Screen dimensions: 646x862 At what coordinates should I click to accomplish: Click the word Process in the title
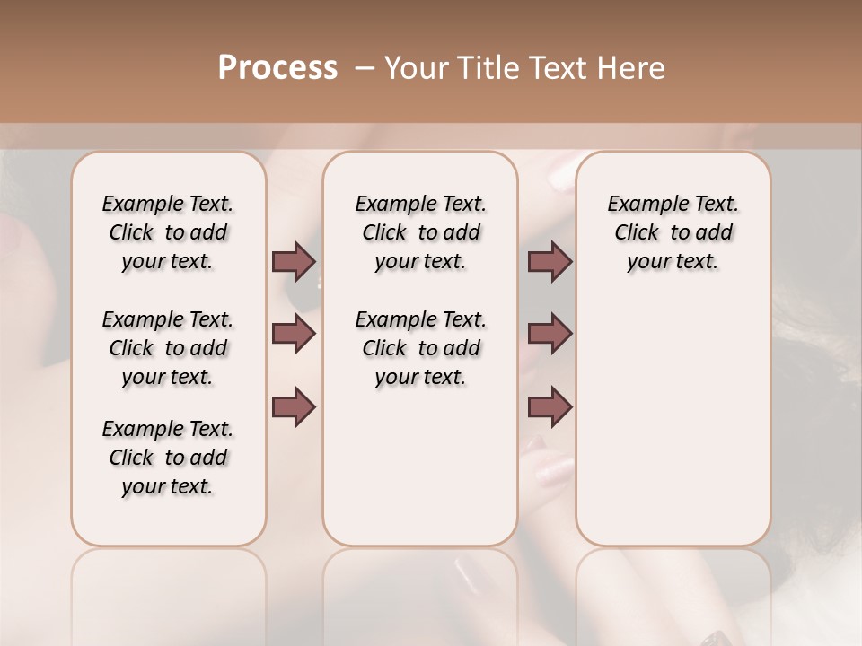(x=277, y=68)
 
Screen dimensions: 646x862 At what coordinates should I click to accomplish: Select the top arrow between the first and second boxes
(x=294, y=261)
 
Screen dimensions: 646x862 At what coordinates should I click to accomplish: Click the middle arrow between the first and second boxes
(x=294, y=334)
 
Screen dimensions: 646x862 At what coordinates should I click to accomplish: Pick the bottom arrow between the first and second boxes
(x=294, y=406)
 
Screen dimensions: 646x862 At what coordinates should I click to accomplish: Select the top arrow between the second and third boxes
(x=550, y=261)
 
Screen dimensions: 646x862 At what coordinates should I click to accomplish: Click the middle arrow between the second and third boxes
(x=550, y=334)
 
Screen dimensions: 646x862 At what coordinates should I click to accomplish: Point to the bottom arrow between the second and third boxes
(x=550, y=406)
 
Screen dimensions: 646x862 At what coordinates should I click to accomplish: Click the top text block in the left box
(x=168, y=232)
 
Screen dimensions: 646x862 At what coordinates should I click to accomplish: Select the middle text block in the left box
(x=168, y=348)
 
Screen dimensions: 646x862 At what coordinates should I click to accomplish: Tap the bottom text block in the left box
(x=168, y=458)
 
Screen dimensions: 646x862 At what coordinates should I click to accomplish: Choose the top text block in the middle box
(x=420, y=232)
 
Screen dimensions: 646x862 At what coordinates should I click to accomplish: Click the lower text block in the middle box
(x=420, y=348)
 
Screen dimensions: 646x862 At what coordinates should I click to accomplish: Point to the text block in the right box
(x=673, y=232)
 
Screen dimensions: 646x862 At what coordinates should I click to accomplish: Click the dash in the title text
(x=364, y=68)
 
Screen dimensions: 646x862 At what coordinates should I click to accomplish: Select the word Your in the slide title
(x=416, y=68)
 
